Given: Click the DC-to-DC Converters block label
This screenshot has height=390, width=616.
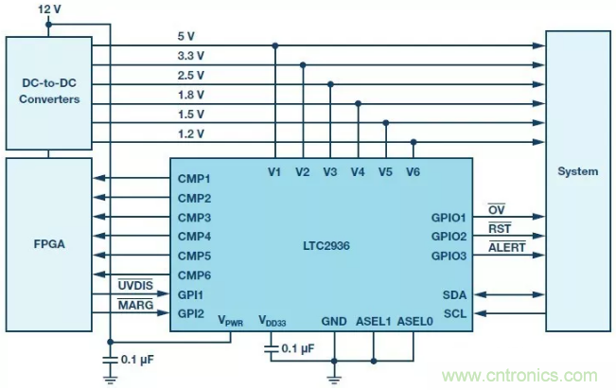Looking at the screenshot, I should point(48,92).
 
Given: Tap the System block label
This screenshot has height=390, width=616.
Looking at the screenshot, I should point(577,171).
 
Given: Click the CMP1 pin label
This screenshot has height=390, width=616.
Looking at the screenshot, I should point(194,179).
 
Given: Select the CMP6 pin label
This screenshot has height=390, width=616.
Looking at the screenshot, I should point(194,275).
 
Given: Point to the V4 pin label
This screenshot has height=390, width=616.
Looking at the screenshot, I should point(357,171).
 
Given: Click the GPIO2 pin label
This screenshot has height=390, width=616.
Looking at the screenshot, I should point(449,236).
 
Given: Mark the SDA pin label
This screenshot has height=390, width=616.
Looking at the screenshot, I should point(455,294).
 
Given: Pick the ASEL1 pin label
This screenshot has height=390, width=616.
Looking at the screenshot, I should point(373,321).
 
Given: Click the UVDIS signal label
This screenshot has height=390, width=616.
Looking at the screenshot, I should point(134,285).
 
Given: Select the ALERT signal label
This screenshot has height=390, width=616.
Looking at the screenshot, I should point(506,247).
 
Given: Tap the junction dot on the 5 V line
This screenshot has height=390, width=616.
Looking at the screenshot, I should point(275,45).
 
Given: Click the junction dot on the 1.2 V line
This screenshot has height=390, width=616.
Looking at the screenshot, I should point(414,142).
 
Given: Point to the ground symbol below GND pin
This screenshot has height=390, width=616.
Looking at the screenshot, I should point(333,378).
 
